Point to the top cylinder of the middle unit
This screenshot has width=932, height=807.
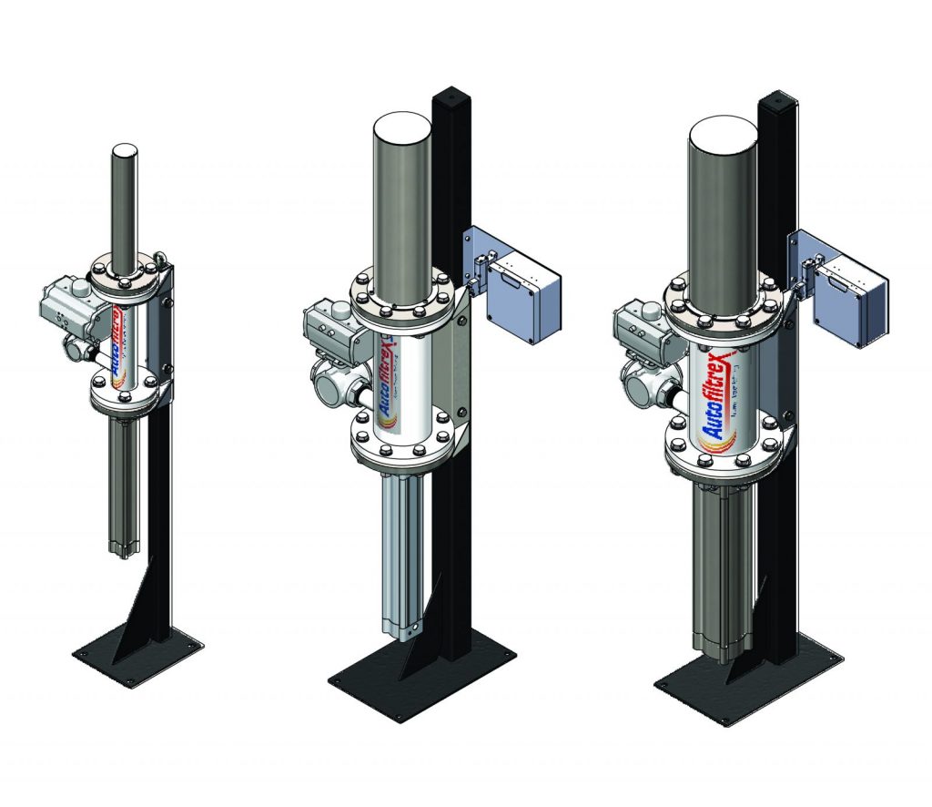pyautogui.click(x=401, y=191)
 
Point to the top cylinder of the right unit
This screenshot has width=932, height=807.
pyautogui.click(x=723, y=200)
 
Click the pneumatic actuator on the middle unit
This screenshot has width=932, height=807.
pyautogui.click(x=330, y=323)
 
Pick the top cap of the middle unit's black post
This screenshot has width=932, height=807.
pyautogui.click(x=448, y=94)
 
